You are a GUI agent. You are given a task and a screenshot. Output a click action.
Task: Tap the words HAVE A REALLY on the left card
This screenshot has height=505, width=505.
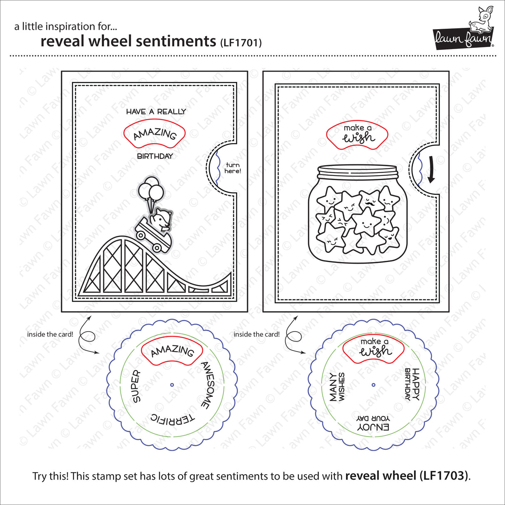156,111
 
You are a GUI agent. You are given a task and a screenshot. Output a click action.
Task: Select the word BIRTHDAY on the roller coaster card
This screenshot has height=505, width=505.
155,156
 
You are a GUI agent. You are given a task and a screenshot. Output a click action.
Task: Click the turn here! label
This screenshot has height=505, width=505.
233,168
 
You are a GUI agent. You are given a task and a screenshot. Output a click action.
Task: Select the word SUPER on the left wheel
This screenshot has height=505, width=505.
136,386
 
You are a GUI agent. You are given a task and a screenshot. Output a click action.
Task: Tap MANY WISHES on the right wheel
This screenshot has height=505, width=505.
337,387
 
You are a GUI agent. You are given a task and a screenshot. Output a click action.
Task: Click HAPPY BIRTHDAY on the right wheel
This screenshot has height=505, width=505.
412,384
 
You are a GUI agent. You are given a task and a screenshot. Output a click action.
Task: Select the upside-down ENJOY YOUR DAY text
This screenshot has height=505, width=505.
373,422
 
